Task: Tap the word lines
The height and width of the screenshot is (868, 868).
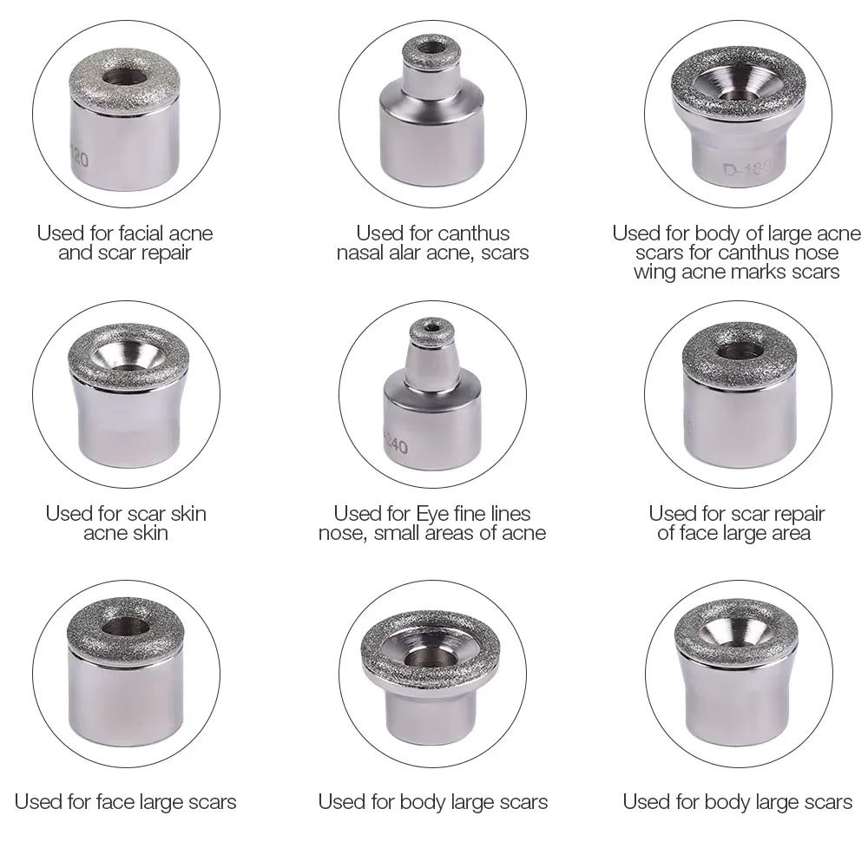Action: pyautogui.click(x=508, y=514)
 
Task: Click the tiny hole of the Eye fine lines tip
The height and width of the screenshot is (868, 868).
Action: pyautogui.click(x=431, y=327)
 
